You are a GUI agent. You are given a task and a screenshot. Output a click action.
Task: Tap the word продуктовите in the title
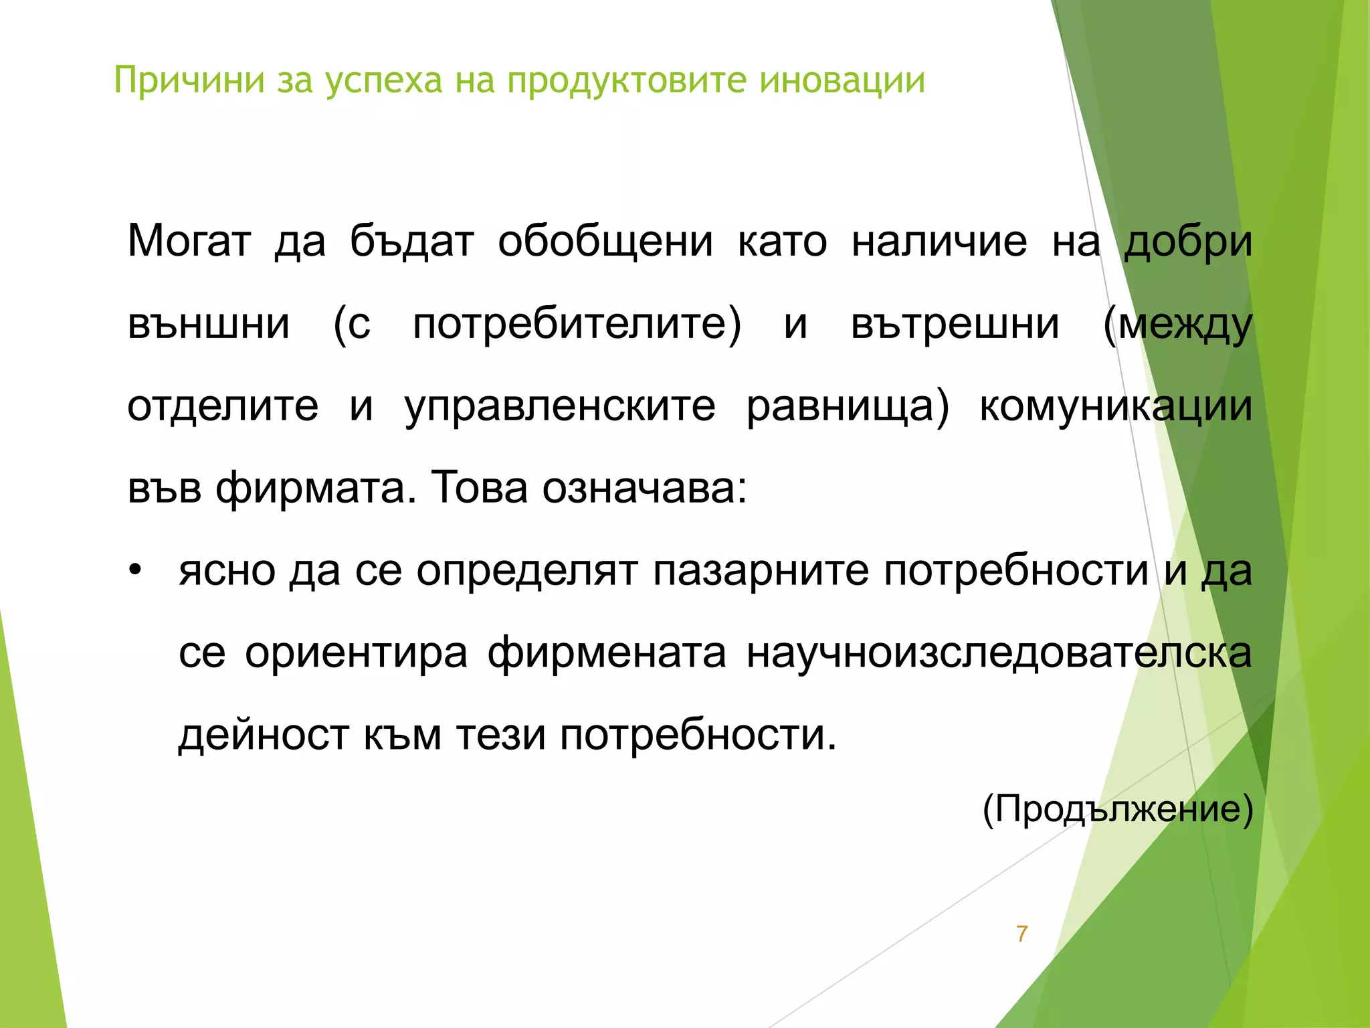coord(625,81)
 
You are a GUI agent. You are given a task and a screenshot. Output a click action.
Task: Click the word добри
coord(1187,242)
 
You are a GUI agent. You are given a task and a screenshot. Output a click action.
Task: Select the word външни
coord(209,324)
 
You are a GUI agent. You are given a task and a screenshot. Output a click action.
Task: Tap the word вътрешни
coord(955,324)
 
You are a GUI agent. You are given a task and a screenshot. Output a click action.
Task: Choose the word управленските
coord(560,407)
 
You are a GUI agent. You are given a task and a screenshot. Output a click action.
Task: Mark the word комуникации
coord(1116,407)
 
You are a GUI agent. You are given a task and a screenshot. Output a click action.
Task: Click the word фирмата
coord(311,489)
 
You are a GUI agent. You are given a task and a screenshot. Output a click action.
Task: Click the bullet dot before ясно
coord(136,571)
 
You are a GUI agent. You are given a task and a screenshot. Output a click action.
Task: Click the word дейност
coord(264,736)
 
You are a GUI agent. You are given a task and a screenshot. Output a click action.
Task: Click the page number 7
coord(1021,934)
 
